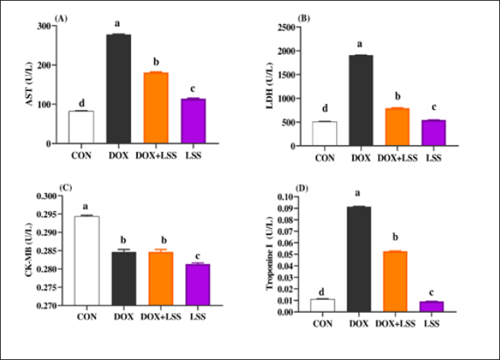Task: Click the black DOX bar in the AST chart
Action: (118, 89)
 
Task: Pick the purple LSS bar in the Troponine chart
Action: (431, 307)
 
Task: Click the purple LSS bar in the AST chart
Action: (193, 121)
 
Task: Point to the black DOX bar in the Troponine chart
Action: (357, 259)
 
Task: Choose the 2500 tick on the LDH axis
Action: (293, 27)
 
